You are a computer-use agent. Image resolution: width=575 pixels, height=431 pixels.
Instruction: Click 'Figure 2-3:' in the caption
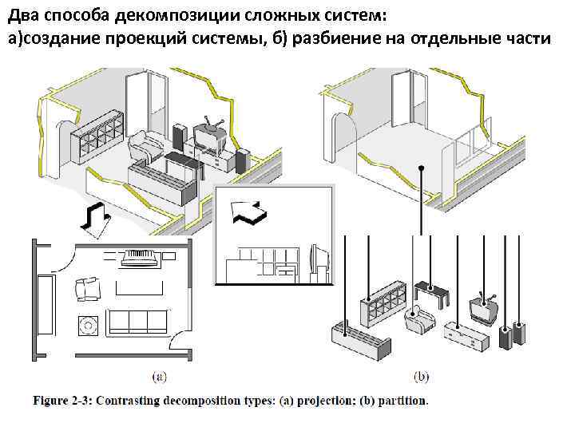(x=61, y=401)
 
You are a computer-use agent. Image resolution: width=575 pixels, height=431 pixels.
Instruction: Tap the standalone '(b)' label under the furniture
(x=421, y=374)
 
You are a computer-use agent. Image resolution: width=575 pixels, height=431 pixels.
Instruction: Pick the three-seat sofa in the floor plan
(x=137, y=321)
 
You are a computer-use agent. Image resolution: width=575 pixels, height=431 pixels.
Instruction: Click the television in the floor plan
(x=141, y=257)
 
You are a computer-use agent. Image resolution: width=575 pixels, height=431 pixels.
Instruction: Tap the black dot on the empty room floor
(x=421, y=168)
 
